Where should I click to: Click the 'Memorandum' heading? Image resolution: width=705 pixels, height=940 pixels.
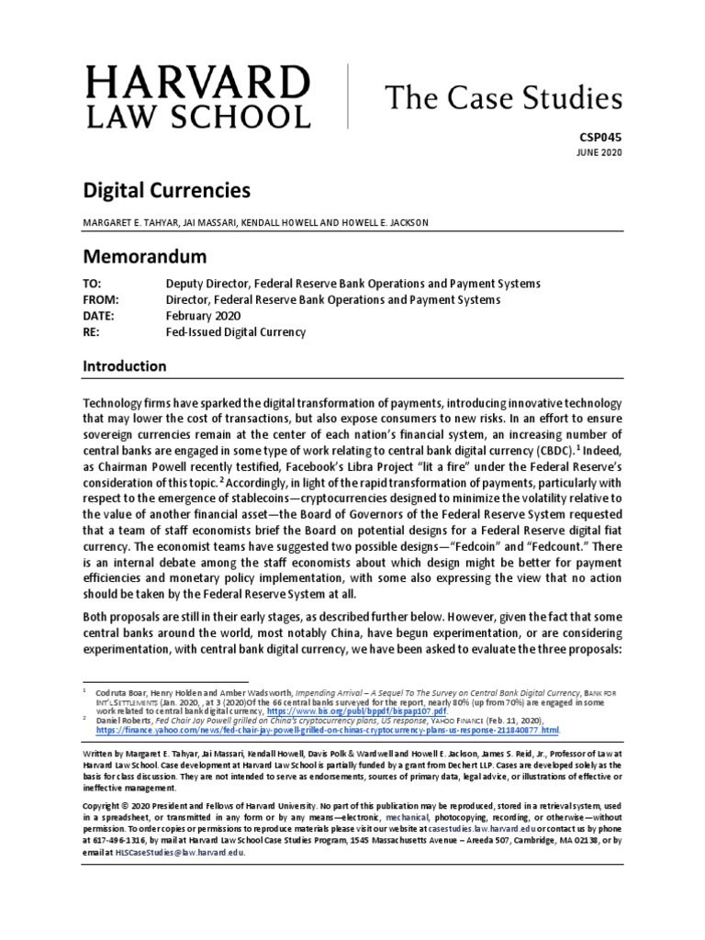click(145, 255)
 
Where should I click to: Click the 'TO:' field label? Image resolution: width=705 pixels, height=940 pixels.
click(95, 283)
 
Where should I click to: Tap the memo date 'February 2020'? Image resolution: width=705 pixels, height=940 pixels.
click(207, 316)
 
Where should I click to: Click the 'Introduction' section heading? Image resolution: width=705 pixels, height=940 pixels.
click(125, 366)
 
